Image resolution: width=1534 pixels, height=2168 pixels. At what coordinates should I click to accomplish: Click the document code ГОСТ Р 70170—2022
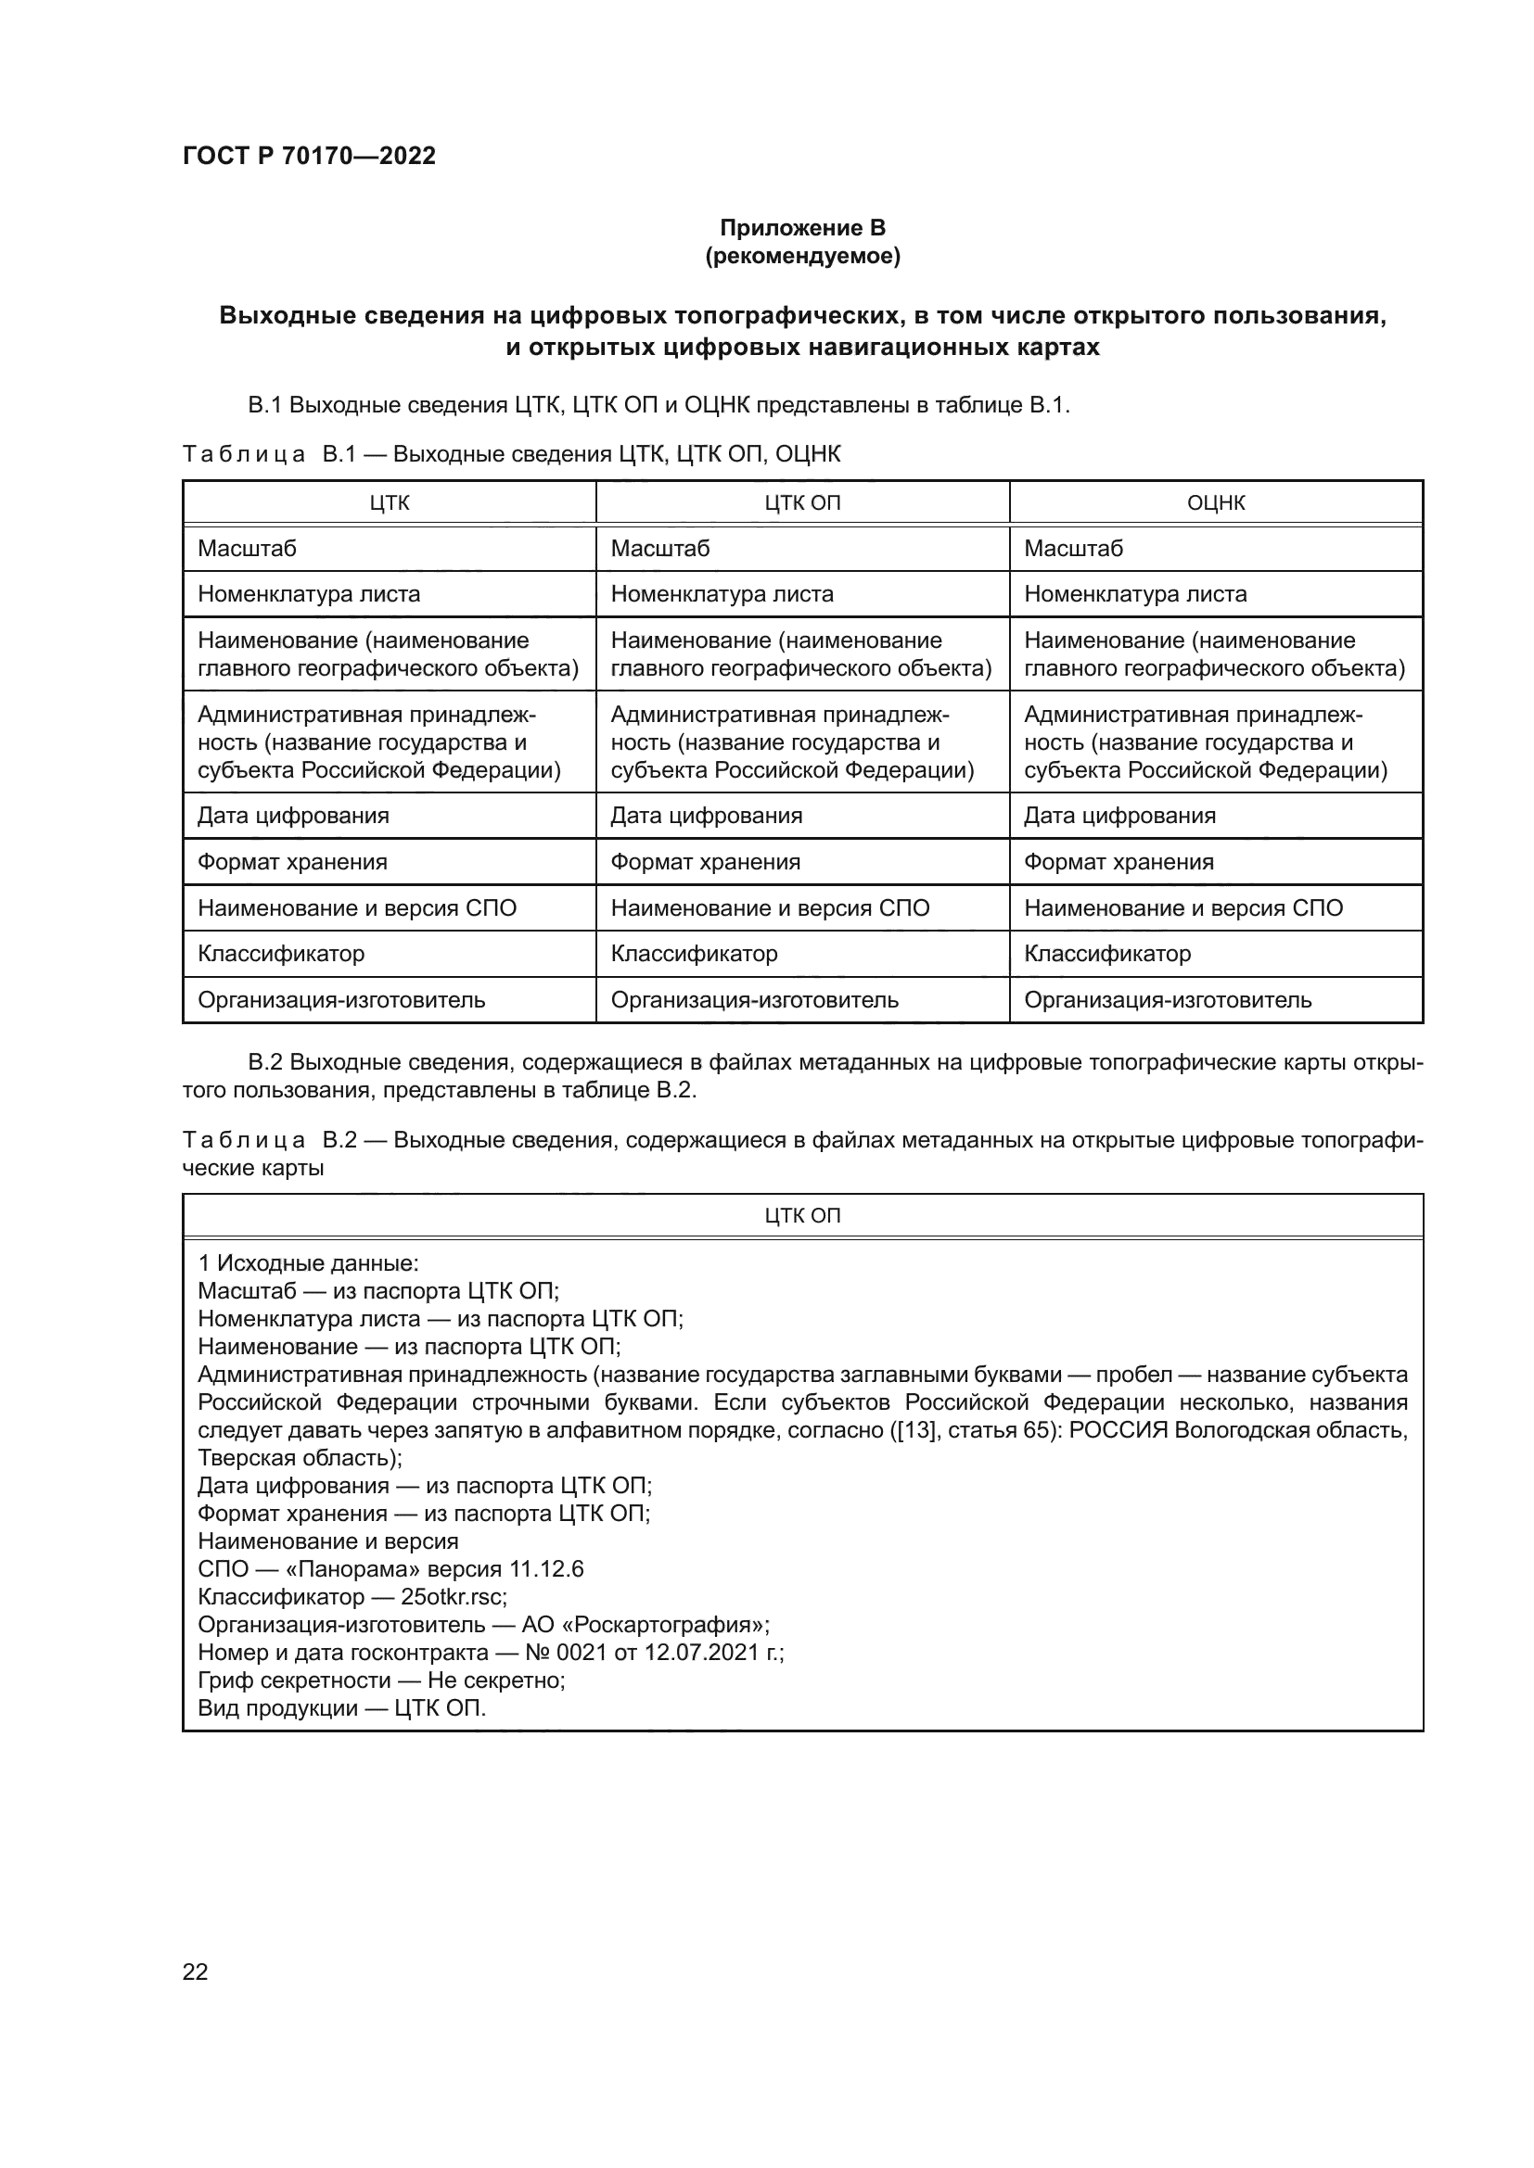point(309,156)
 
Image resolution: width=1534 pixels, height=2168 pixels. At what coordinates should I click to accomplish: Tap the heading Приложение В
point(802,228)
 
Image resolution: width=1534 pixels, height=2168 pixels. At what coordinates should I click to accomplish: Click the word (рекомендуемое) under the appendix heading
point(802,256)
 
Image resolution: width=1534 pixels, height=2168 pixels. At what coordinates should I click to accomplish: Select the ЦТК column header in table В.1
point(390,503)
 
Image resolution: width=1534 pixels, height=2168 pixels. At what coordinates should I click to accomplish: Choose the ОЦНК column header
point(1215,503)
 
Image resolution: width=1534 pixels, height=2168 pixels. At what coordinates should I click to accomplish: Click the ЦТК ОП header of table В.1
point(802,503)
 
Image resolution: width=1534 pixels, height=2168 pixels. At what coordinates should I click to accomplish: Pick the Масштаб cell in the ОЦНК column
point(1073,549)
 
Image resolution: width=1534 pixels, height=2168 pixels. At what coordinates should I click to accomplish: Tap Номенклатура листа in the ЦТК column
point(309,595)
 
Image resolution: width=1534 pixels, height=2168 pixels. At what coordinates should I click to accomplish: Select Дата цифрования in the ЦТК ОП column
point(706,816)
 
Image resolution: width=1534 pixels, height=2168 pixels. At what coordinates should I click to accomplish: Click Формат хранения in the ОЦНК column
point(1119,862)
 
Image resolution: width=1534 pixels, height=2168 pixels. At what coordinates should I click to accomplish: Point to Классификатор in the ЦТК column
point(280,954)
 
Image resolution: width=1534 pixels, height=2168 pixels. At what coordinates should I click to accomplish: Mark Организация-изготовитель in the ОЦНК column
point(1168,1000)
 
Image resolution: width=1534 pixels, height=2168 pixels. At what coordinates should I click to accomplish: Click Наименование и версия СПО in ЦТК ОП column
point(770,908)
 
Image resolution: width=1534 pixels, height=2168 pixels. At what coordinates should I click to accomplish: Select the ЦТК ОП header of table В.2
point(802,1216)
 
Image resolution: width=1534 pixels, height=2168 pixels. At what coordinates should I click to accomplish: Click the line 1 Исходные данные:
point(308,1263)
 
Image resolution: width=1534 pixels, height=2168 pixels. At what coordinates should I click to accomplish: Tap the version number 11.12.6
point(546,1569)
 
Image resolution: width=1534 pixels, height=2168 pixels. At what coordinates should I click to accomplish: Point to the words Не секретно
point(495,1680)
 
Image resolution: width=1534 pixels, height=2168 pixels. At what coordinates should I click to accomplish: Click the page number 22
point(195,1971)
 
